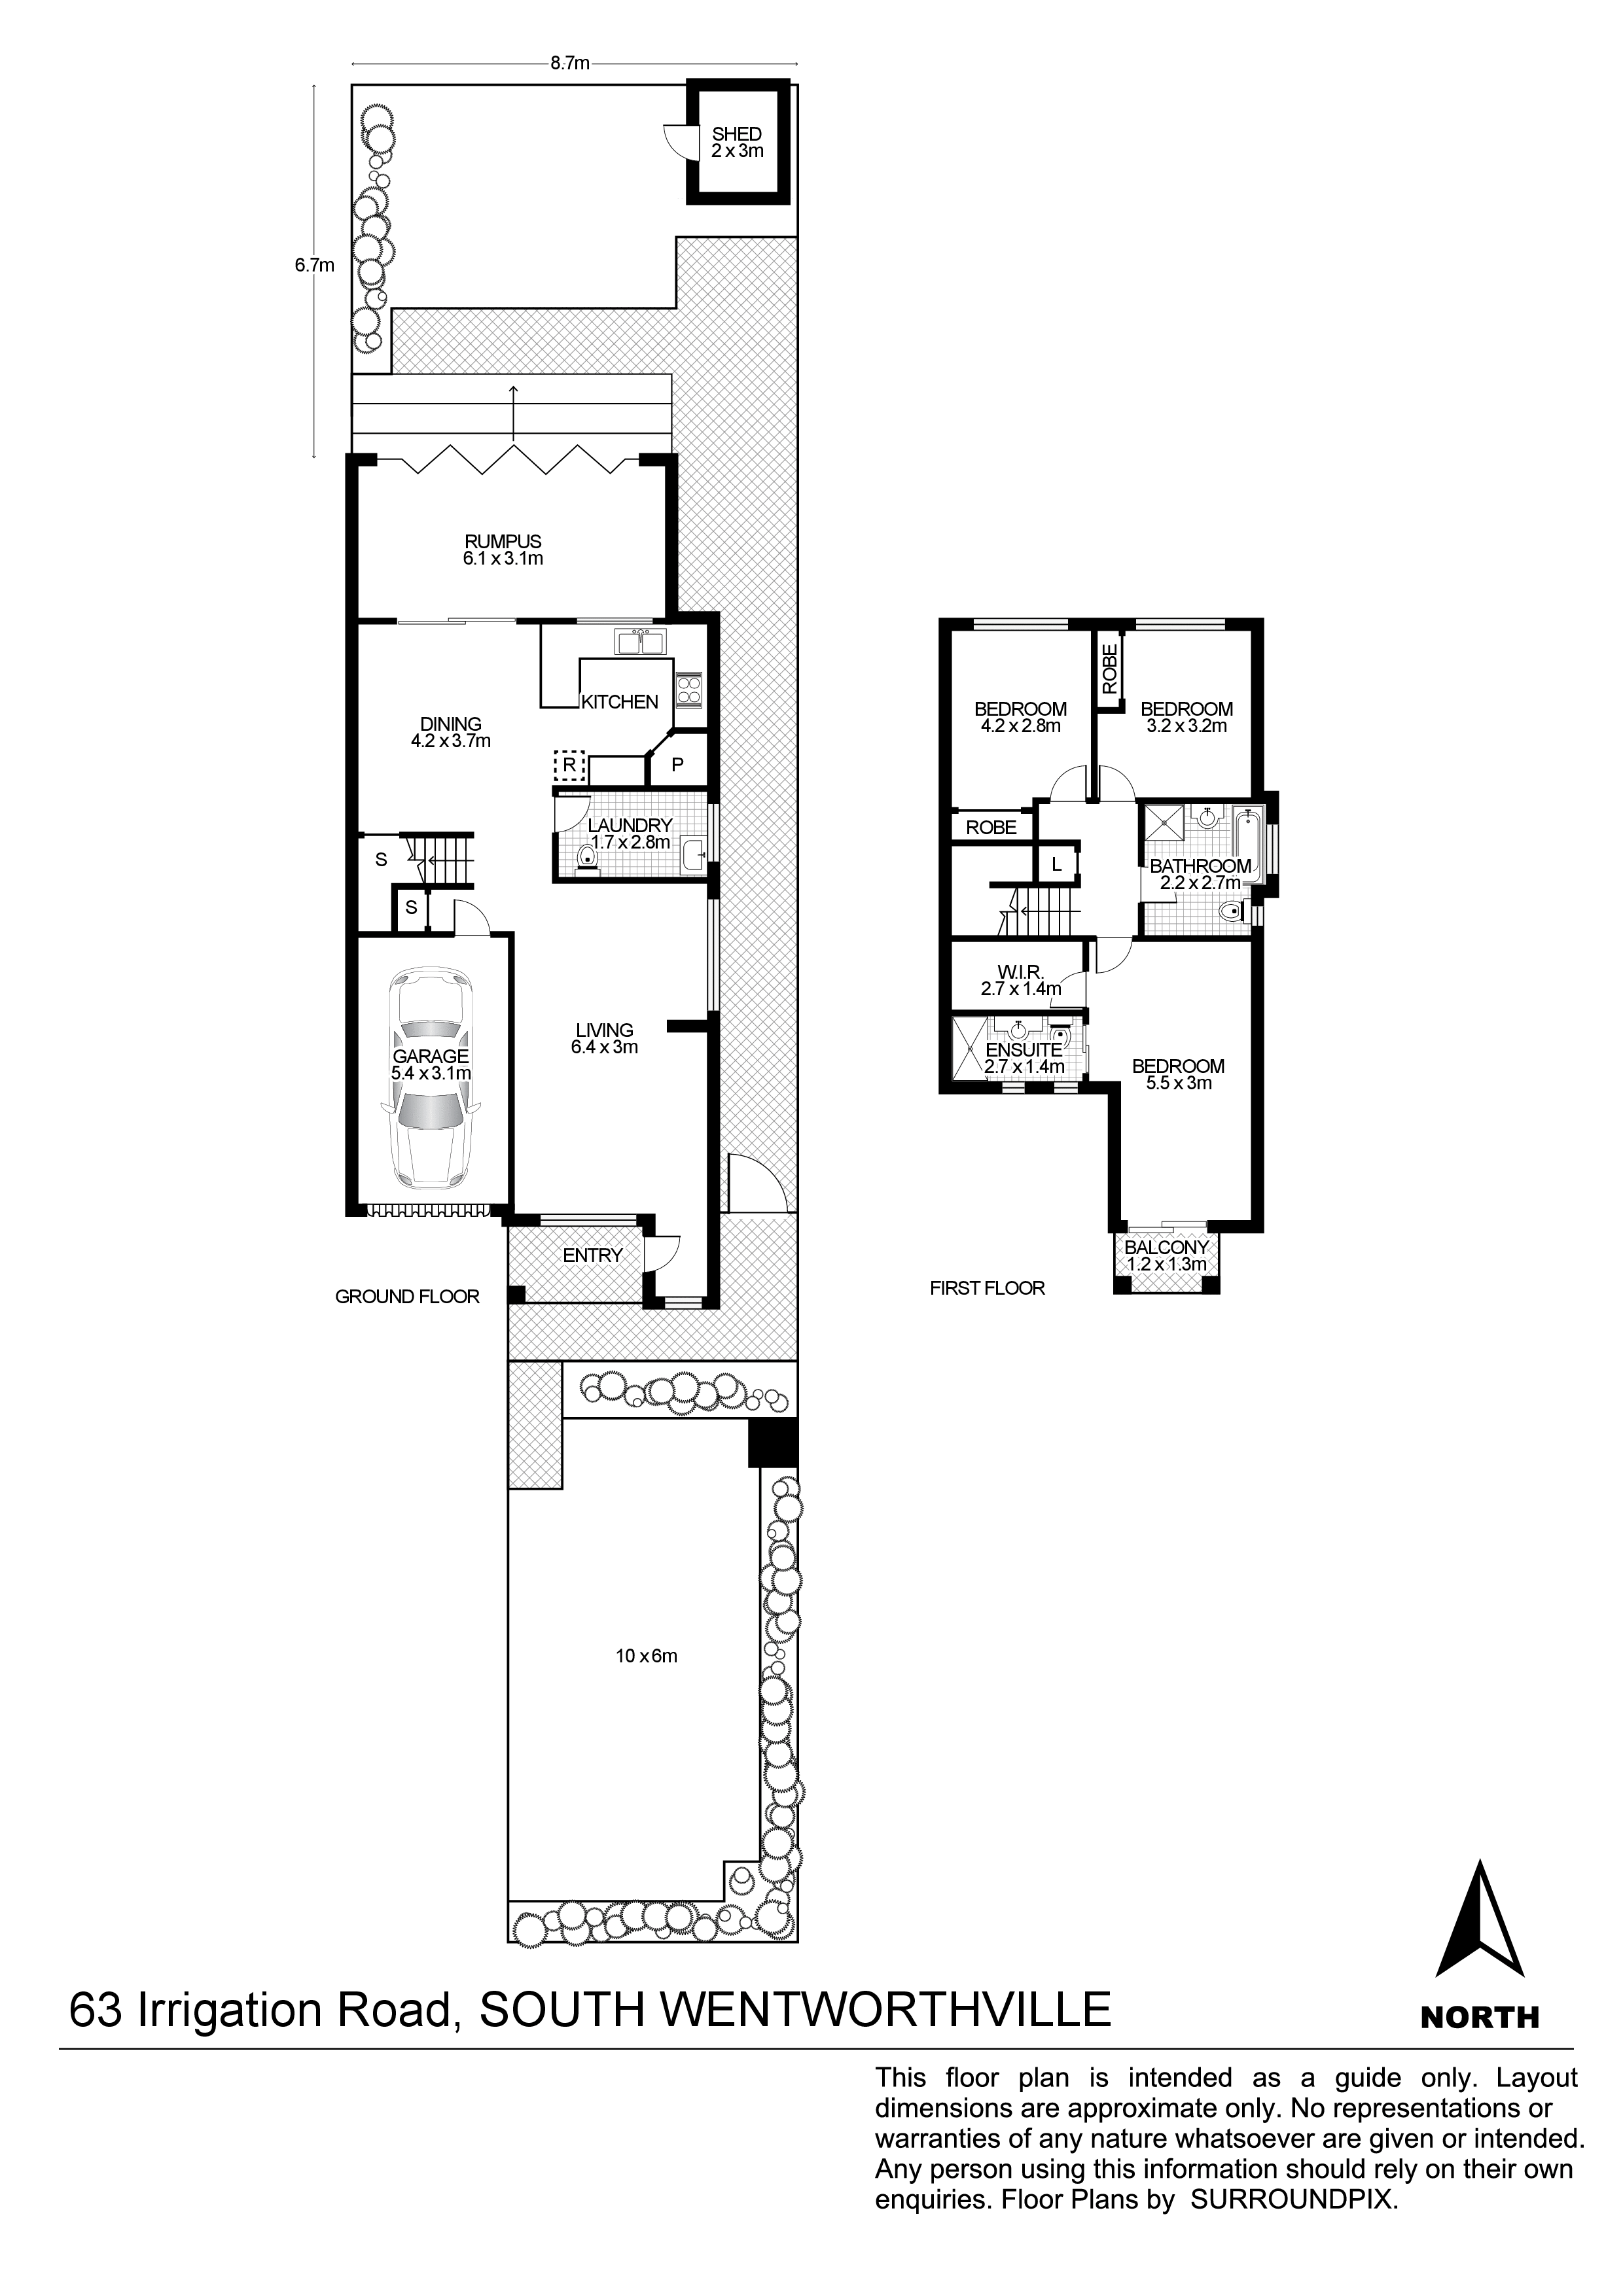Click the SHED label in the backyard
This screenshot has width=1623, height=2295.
tap(736, 134)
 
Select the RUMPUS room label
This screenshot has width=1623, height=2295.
tap(502, 542)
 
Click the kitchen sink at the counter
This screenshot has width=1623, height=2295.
tap(640, 640)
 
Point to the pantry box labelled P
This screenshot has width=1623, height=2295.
tap(677, 765)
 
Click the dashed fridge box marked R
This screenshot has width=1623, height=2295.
tap(569, 765)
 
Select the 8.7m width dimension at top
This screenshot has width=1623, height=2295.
tap(569, 63)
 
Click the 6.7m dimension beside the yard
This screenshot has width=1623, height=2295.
tap(314, 265)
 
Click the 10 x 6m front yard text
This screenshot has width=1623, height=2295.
tap(646, 1656)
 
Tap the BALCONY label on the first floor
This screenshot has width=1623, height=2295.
tap(1166, 1248)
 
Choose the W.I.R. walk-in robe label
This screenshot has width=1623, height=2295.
tap(1020, 972)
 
